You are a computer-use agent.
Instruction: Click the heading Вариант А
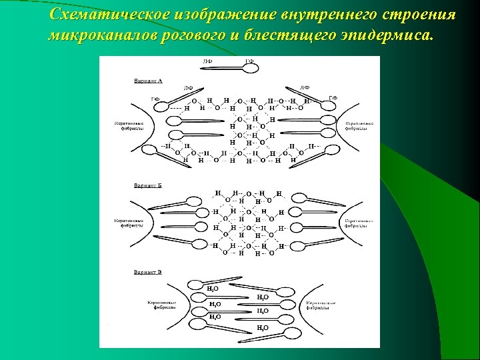(x=148, y=80)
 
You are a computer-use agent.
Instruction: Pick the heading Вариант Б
(x=148, y=185)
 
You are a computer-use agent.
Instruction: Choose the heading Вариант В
(x=148, y=272)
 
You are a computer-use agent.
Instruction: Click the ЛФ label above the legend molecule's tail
(x=208, y=61)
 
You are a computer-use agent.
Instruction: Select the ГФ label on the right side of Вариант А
(x=333, y=98)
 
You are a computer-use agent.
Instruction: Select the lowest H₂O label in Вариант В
(x=263, y=327)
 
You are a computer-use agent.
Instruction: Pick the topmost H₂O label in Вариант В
(x=213, y=289)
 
